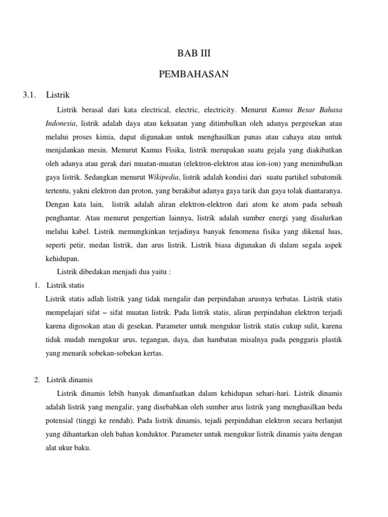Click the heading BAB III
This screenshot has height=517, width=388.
(194, 54)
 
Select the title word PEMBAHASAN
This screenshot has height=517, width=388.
(194, 74)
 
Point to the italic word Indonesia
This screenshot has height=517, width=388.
(60, 123)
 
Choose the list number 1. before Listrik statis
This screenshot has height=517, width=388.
(37, 285)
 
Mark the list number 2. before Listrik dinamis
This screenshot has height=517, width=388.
(37, 379)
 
